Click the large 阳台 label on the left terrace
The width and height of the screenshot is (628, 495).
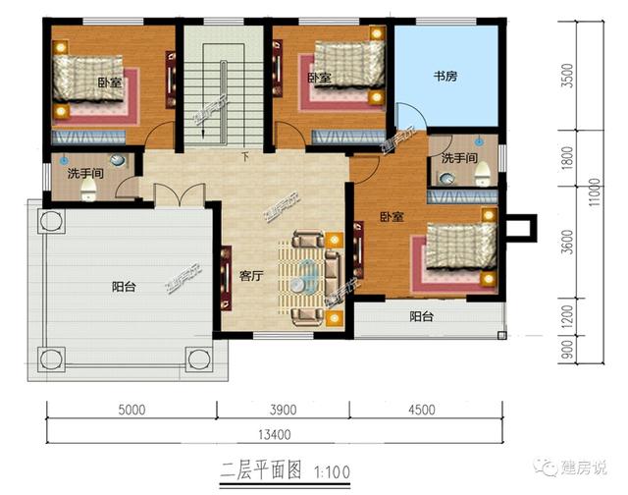(x=124, y=288)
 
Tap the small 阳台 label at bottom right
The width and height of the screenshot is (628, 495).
(x=421, y=316)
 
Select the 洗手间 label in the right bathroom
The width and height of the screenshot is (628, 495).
(x=458, y=158)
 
